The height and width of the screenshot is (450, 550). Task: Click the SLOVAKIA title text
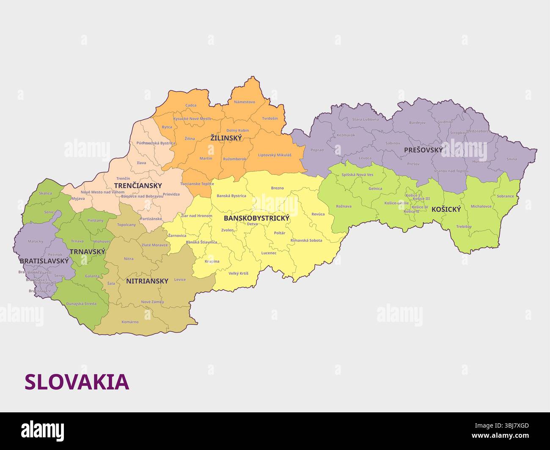(77, 382)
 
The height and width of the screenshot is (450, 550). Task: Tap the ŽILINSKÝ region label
(226, 138)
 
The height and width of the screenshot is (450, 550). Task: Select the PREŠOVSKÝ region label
(423, 150)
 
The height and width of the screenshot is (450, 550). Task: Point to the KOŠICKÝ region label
(446, 209)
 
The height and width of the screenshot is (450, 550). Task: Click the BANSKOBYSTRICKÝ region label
(256, 218)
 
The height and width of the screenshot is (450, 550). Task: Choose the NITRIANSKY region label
(147, 281)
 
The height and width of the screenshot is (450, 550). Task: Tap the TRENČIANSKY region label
(138, 186)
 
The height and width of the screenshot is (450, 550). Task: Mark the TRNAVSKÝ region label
(87, 252)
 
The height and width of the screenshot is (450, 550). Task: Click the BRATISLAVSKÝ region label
(44, 261)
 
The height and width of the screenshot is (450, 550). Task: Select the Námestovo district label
(245, 102)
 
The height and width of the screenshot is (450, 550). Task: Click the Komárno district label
(130, 322)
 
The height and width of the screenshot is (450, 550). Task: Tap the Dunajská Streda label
(81, 304)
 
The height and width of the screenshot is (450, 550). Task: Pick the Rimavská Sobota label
(306, 240)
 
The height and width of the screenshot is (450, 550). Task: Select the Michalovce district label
(481, 206)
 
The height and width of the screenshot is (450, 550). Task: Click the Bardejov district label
(417, 123)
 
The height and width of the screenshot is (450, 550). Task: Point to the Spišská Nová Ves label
(357, 175)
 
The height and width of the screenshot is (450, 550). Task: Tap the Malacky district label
(36, 241)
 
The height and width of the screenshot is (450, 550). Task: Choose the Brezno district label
(277, 188)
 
